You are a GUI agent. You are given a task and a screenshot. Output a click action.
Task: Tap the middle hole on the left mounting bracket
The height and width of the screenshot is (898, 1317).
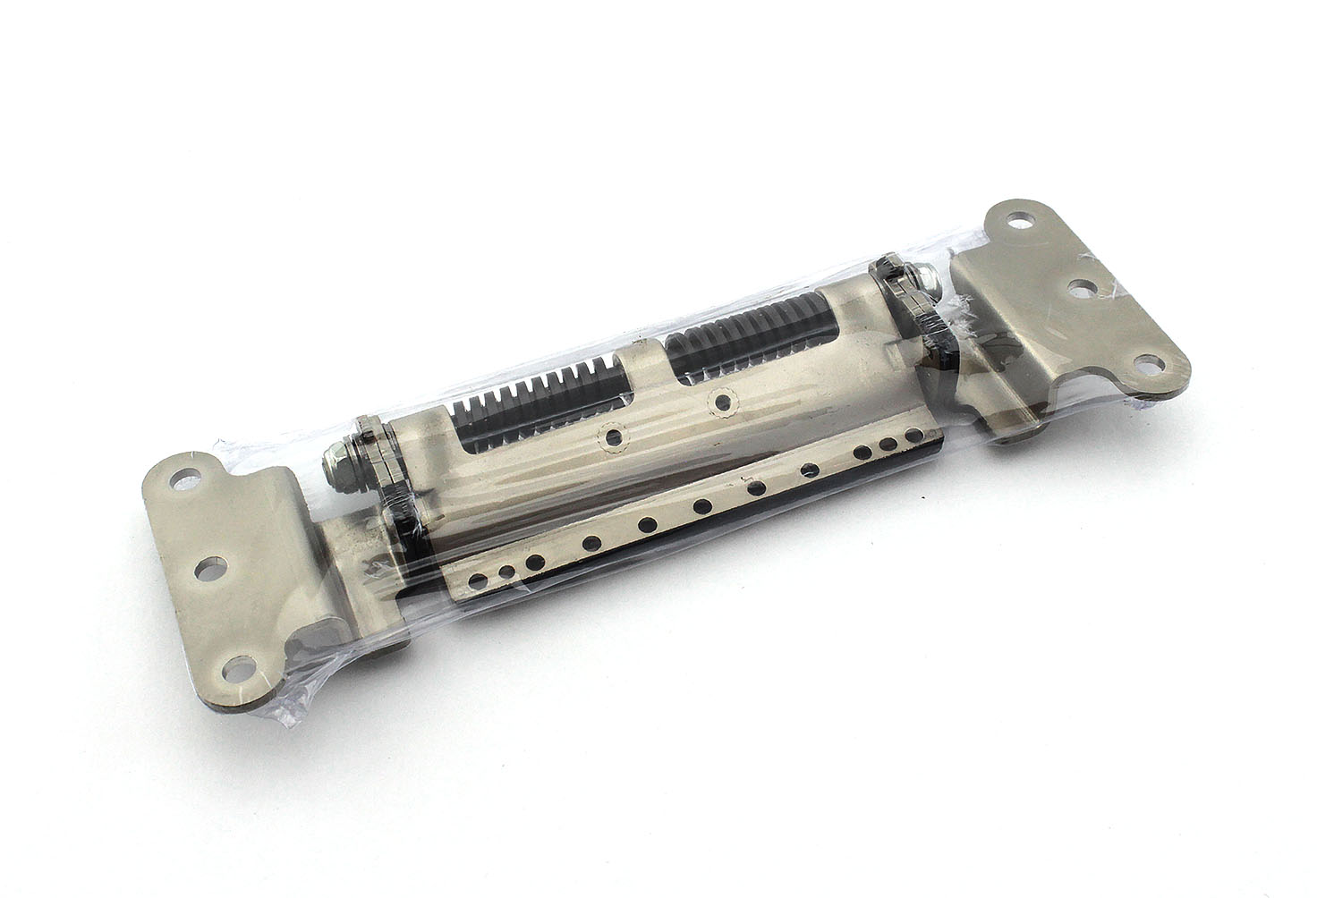click(208, 568)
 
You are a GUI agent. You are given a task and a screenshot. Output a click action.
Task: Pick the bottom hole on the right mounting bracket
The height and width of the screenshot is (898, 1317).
click(1145, 362)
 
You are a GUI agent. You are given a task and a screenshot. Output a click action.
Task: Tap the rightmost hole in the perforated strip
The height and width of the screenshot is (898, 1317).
click(913, 435)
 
